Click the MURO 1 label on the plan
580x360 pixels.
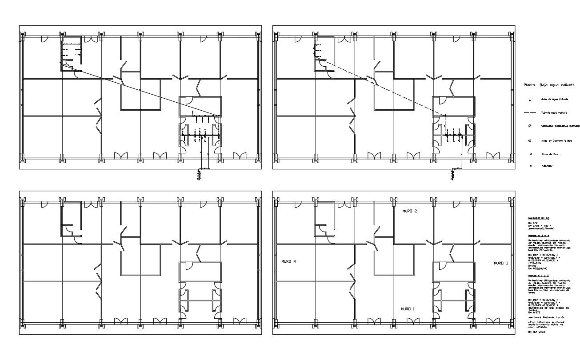408,308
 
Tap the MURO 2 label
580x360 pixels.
409,211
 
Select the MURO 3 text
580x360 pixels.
501,263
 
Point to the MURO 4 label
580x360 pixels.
289,262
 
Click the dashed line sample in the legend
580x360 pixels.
530,113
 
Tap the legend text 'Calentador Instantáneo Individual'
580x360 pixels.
560,126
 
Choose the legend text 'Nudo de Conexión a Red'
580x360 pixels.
556,140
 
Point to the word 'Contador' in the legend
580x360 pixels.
547,166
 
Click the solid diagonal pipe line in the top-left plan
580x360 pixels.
147,92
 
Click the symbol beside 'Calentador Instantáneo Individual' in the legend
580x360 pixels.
530,126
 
